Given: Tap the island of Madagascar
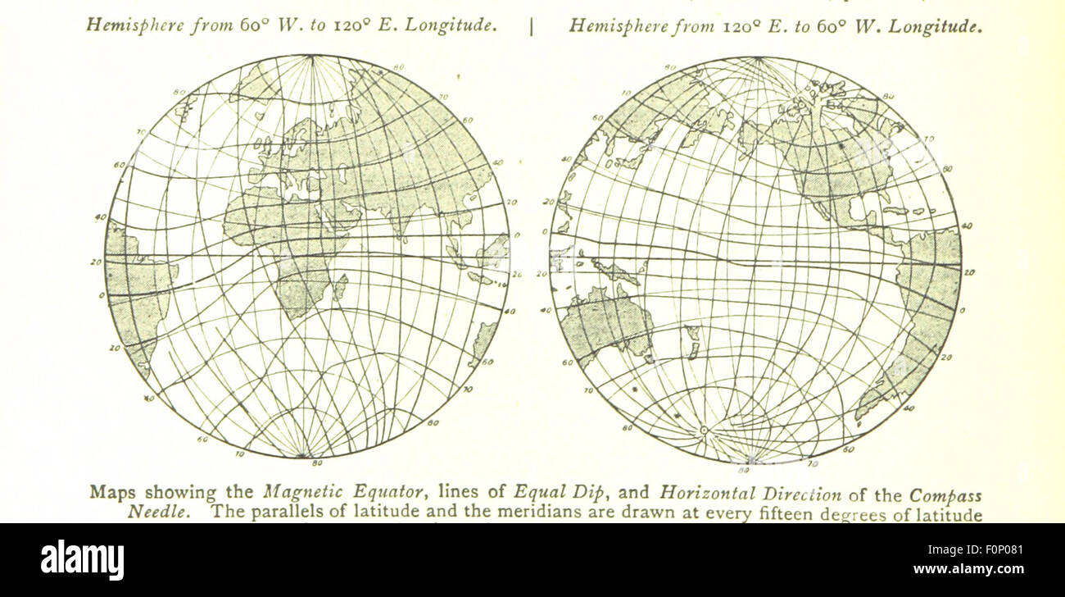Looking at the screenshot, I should tap(339, 287).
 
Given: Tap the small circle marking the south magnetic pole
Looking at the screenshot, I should tap(702, 430).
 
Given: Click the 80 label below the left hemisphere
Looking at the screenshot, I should tap(303, 464).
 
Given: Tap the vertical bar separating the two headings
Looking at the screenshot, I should tap(532, 26).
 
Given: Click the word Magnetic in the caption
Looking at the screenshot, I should tap(295, 494).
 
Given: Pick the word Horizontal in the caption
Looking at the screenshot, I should tap(704, 494).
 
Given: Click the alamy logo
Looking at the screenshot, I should tap(83, 561).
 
